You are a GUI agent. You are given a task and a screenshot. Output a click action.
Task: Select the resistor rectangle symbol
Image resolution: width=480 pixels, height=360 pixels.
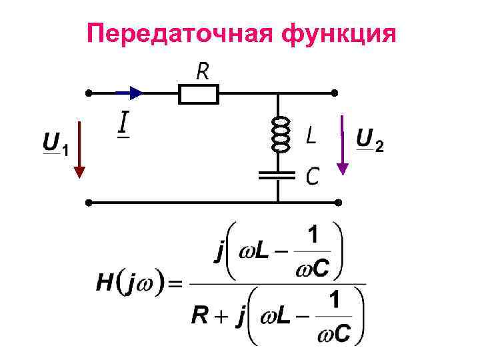[x=199, y=94]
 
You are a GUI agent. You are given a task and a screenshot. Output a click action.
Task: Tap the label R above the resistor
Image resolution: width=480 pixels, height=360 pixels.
[x=202, y=71]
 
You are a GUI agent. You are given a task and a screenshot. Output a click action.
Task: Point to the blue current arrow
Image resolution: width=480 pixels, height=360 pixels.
[x=131, y=93]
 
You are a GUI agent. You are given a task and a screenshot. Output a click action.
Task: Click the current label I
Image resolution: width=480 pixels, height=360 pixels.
[x=123, y=124]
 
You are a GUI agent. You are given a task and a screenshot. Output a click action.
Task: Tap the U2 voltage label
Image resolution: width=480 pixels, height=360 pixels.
[x=369, y=141]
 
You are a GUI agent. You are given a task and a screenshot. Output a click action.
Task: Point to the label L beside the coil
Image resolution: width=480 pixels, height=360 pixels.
[x=311, y=136]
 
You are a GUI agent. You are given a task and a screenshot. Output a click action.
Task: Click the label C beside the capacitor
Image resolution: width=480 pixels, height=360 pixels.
[x=311, y=176]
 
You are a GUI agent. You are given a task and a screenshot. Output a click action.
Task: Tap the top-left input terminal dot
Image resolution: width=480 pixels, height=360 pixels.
[x=87, y=93]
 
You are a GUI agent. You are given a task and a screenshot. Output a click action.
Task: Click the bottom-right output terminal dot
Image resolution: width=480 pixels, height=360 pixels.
[x=338, y=201]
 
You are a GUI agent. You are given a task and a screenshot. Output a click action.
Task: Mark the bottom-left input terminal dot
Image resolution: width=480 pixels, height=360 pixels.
[x=87, y=201]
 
